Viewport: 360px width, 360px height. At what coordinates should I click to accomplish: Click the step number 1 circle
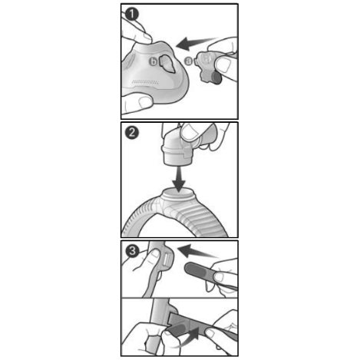pyautogui.click(x=132, y=13)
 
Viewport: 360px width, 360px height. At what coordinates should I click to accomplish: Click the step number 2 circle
pyautogui.click(x=132, y=133)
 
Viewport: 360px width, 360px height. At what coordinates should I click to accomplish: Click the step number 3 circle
pyautogui.click(x=132, y=250)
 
